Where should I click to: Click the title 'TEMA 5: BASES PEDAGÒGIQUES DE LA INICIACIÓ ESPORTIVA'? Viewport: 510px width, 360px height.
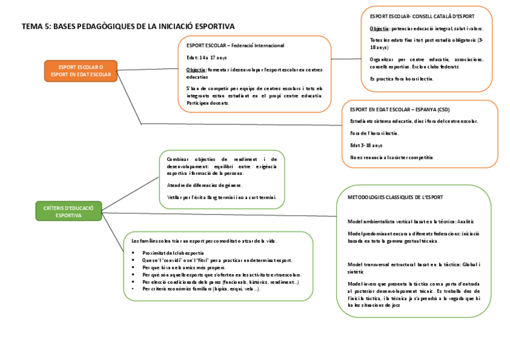[x=128, y=26]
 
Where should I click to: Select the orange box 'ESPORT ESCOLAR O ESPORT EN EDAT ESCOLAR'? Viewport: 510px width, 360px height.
[x=81, y=70]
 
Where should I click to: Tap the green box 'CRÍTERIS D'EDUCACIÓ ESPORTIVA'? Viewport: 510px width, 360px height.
[x=69, y=211]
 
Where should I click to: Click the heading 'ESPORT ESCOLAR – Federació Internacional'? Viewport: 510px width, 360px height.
[x=235, y=46]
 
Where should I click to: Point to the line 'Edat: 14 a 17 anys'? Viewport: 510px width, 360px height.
[x=206, y=58]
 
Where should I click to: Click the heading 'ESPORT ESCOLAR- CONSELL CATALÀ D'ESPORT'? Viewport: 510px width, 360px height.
[x=422, y=17]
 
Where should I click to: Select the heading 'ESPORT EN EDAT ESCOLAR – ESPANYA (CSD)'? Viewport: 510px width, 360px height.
[x=399, y=109]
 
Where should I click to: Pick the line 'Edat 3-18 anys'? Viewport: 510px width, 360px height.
[x=366, y=145]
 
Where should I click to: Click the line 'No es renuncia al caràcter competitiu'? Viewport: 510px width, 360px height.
[x=391, y=157]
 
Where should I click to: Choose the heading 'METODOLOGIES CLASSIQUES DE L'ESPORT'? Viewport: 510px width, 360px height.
[x=395, y=197]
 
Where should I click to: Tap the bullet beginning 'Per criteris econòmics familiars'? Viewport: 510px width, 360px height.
[x=202, y=289]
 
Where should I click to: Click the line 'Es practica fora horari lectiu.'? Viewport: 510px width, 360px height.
[x=401, y=79]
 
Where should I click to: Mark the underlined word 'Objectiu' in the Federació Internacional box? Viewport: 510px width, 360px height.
[x=195, y=70]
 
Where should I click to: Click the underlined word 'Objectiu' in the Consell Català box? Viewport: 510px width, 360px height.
[x=379, y=29]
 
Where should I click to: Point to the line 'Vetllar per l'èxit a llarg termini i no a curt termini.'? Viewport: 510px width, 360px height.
[x=222, y=197]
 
